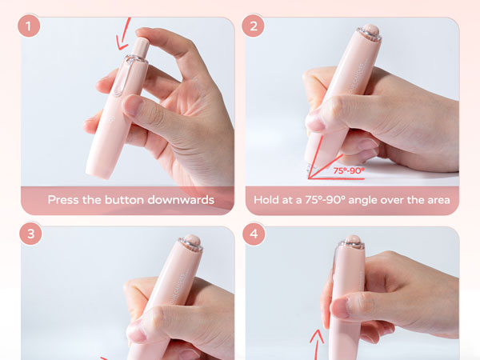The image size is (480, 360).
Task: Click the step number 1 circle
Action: (x=29, y=26)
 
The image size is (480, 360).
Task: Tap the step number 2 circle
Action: (x=253, y=26)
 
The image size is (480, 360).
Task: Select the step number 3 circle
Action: (x=30, y=234)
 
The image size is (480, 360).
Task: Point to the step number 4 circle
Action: (x=254, y=234)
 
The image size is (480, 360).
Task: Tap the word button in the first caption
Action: (x=124, y=200)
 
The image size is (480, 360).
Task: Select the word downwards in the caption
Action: (x=181, y=200)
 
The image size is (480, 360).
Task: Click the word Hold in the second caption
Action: (x=266, y=200)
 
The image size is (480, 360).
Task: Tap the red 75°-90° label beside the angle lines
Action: (x=349, y=170)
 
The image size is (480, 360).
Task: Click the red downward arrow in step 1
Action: (x=124, y=34)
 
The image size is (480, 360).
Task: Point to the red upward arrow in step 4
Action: (x=317, y=344)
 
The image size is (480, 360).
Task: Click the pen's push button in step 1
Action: (x=141, y=46)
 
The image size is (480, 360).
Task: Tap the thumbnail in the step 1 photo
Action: (x=134, y=105)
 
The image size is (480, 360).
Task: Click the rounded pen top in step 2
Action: (x=370, y=30)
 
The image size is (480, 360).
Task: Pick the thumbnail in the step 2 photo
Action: (x=315, y=121)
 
